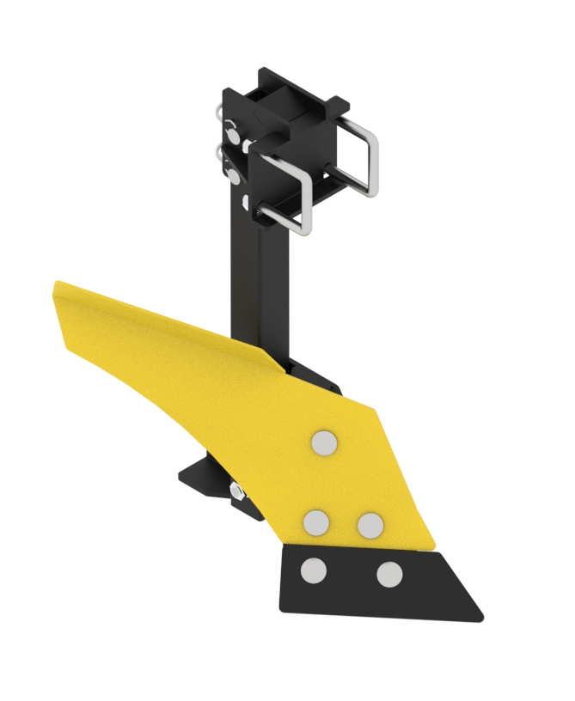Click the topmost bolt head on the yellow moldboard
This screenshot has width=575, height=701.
[x=324, y=442]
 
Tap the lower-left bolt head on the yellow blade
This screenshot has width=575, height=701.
[x=316, y=521]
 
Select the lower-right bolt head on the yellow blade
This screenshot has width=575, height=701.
[x=370, y=525]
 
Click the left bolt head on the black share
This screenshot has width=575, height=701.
[x=314, y=570]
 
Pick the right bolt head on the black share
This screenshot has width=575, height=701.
[x=389, y=574]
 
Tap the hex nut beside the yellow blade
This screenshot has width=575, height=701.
[x=236, y=491]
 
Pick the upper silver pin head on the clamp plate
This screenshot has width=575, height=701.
[x=232, y=128]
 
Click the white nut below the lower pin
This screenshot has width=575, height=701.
[x=248, y=202]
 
